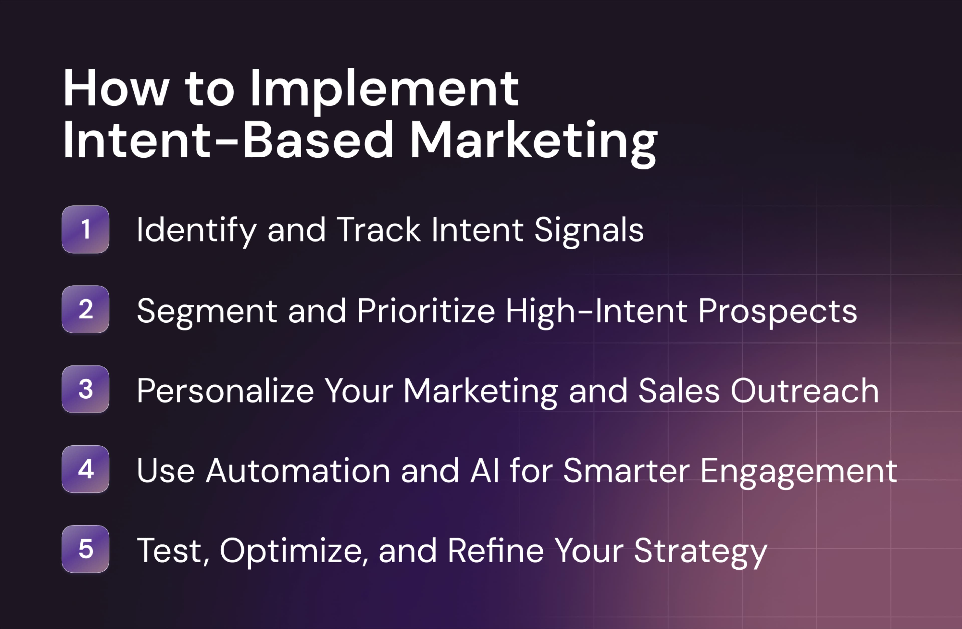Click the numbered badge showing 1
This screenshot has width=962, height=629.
[x=85, y=229]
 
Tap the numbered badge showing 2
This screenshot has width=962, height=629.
[x=85, y=309]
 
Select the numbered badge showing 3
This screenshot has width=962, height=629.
[x=85, y=389]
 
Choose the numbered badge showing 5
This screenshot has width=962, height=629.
[x=85, y=549]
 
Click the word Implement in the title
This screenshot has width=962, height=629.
[x=384, y=89]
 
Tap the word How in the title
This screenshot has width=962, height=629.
[x=115, y=89]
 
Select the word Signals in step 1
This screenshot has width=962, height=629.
[x=589, y=230]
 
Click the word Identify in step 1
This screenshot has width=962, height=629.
[x=196, y=230]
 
